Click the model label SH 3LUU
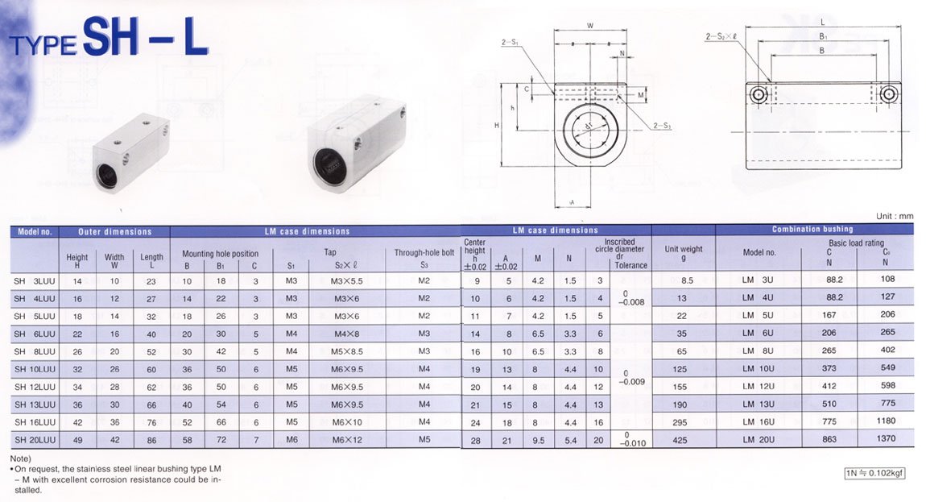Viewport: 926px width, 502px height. pos(35,281)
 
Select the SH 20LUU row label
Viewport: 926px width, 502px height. pos(35,440)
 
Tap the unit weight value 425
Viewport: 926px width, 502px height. pos(680,440)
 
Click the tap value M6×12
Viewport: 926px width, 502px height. pos(347,440)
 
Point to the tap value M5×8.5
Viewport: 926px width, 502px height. pos(347,351)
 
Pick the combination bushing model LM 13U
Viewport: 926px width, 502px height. pos(759,404)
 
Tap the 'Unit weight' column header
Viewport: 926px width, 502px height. pos(684,253)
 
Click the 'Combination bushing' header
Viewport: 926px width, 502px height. pos(812,229)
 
